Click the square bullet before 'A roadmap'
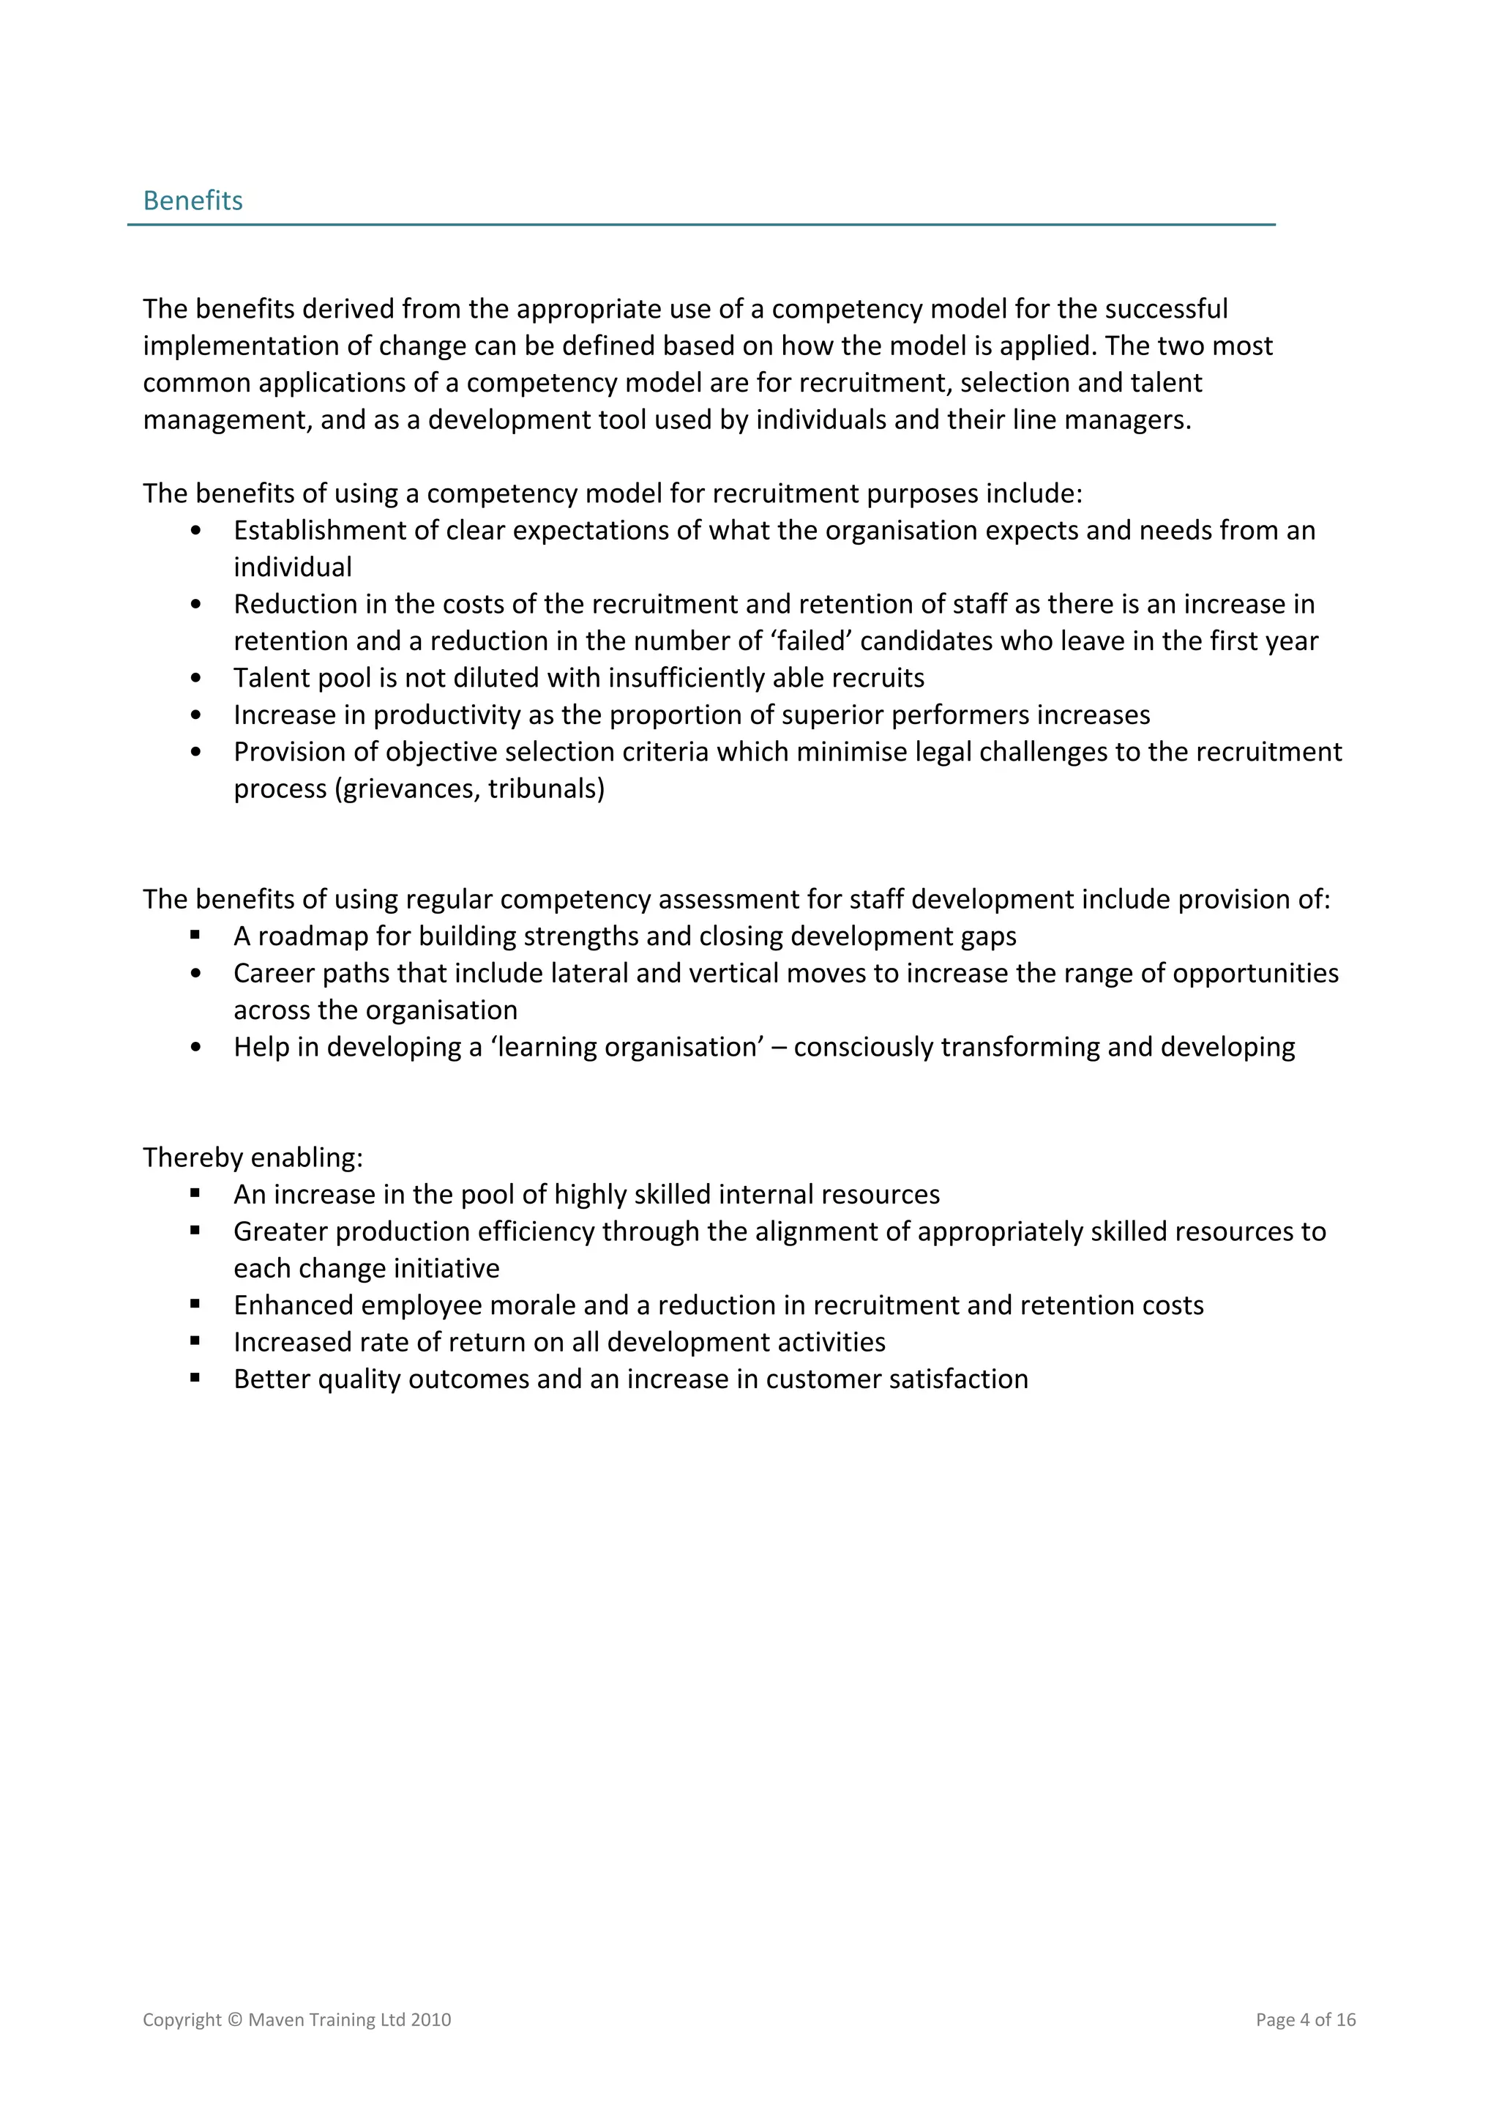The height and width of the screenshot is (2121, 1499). click(195, 935)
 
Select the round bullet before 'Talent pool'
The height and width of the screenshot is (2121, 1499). click(195, 678)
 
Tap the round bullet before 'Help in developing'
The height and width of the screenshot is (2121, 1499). click(195, 1048)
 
